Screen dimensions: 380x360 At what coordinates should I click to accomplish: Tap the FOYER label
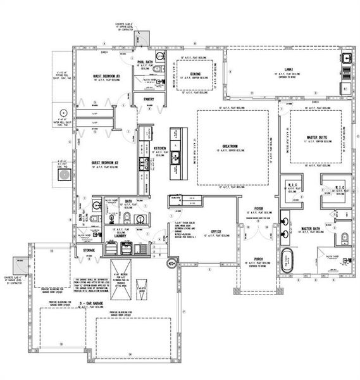click(259, 208)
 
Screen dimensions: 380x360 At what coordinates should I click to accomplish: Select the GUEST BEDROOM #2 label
click(106, 162)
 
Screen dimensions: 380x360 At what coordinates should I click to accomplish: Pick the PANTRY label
click(149, 99)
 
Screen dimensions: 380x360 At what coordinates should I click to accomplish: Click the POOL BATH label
click(146, 61)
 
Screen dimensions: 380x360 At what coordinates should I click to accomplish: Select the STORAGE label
click(89, 251)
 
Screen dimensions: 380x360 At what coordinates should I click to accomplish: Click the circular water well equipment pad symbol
click(62, 121)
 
